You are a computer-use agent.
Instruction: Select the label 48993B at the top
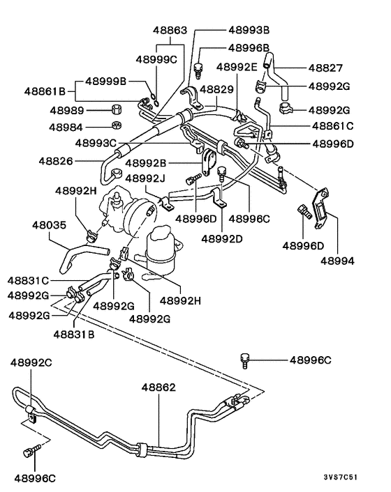pos(249,31)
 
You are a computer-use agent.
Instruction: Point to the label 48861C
pos(332,126)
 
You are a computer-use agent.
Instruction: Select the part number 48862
pos(158,387)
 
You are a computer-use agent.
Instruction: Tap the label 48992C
pos(33,362)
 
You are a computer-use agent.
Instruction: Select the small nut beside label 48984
pos(117,127)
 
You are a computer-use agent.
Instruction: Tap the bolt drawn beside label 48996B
pos(198,67)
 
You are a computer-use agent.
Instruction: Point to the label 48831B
pos(73,334)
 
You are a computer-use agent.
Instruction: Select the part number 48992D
pos(222,238)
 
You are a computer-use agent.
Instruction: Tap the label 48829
pos(216,90)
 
